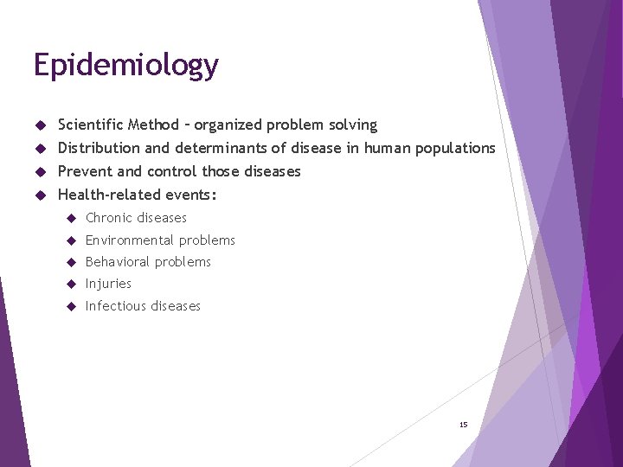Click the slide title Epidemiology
pos(125,66)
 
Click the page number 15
pos(463,425)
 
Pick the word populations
pos(455,148)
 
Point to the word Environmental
pos(130,240)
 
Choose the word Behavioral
pos(116,262)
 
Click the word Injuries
pos(108,284)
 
